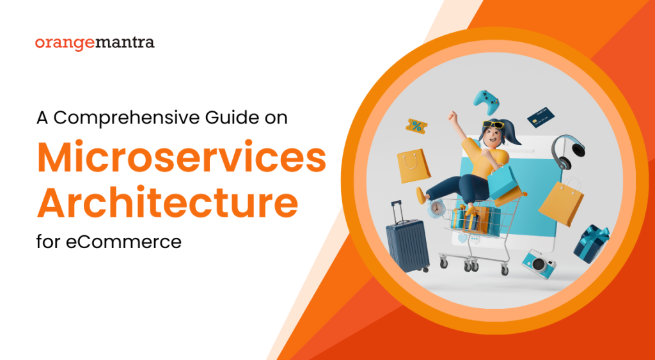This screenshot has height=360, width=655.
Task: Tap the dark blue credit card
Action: (x=541, y=117)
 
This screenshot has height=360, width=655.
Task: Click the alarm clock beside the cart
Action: (x=438, y=208)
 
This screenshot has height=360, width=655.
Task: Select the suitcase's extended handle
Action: (x=399, y=210)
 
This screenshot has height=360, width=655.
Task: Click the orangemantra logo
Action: (x=95, y=43)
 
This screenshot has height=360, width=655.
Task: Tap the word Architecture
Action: (x=168, y=201)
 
